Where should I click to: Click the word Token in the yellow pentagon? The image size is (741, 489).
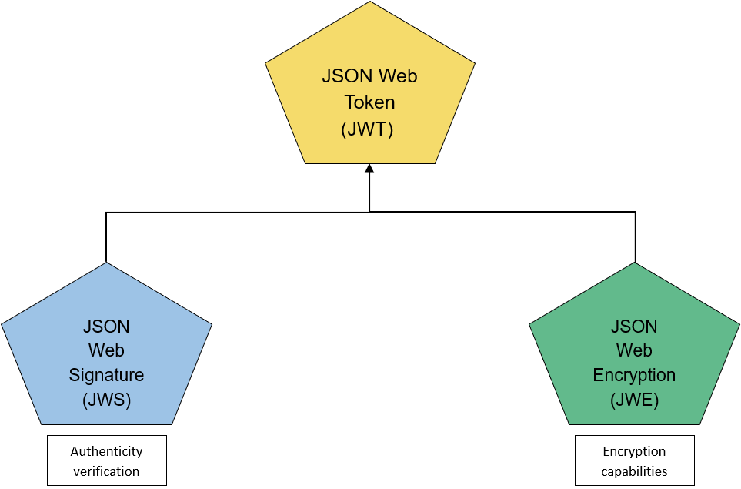coord(369,102)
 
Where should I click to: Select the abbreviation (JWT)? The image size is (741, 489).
coord(367,129)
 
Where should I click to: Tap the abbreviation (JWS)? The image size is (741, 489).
coord(106,400)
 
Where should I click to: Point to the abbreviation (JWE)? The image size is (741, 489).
coord(634,400)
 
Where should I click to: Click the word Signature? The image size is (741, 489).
coord(106,376)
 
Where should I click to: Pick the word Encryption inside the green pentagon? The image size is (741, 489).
coord(634,376)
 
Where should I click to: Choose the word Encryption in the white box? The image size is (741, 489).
coord(634,451)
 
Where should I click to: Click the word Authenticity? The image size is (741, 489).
coord(106,451)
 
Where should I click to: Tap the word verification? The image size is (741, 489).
coord(106,471)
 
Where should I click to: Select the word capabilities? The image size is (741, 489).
coord(634,471)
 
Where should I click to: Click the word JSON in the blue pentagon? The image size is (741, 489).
coord(106,326)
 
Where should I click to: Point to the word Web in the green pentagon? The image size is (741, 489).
coord(634,350)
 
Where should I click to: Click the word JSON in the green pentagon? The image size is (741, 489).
coord(634,326)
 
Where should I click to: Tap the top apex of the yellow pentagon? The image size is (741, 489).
coord(370,4)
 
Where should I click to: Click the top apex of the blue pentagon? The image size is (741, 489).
coord(106,265)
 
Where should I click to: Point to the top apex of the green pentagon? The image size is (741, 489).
coord(634,265)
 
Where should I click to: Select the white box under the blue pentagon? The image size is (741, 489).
coord(106,461)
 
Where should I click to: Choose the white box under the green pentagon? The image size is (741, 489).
coord(634,461)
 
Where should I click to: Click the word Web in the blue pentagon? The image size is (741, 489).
coord(106,350)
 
